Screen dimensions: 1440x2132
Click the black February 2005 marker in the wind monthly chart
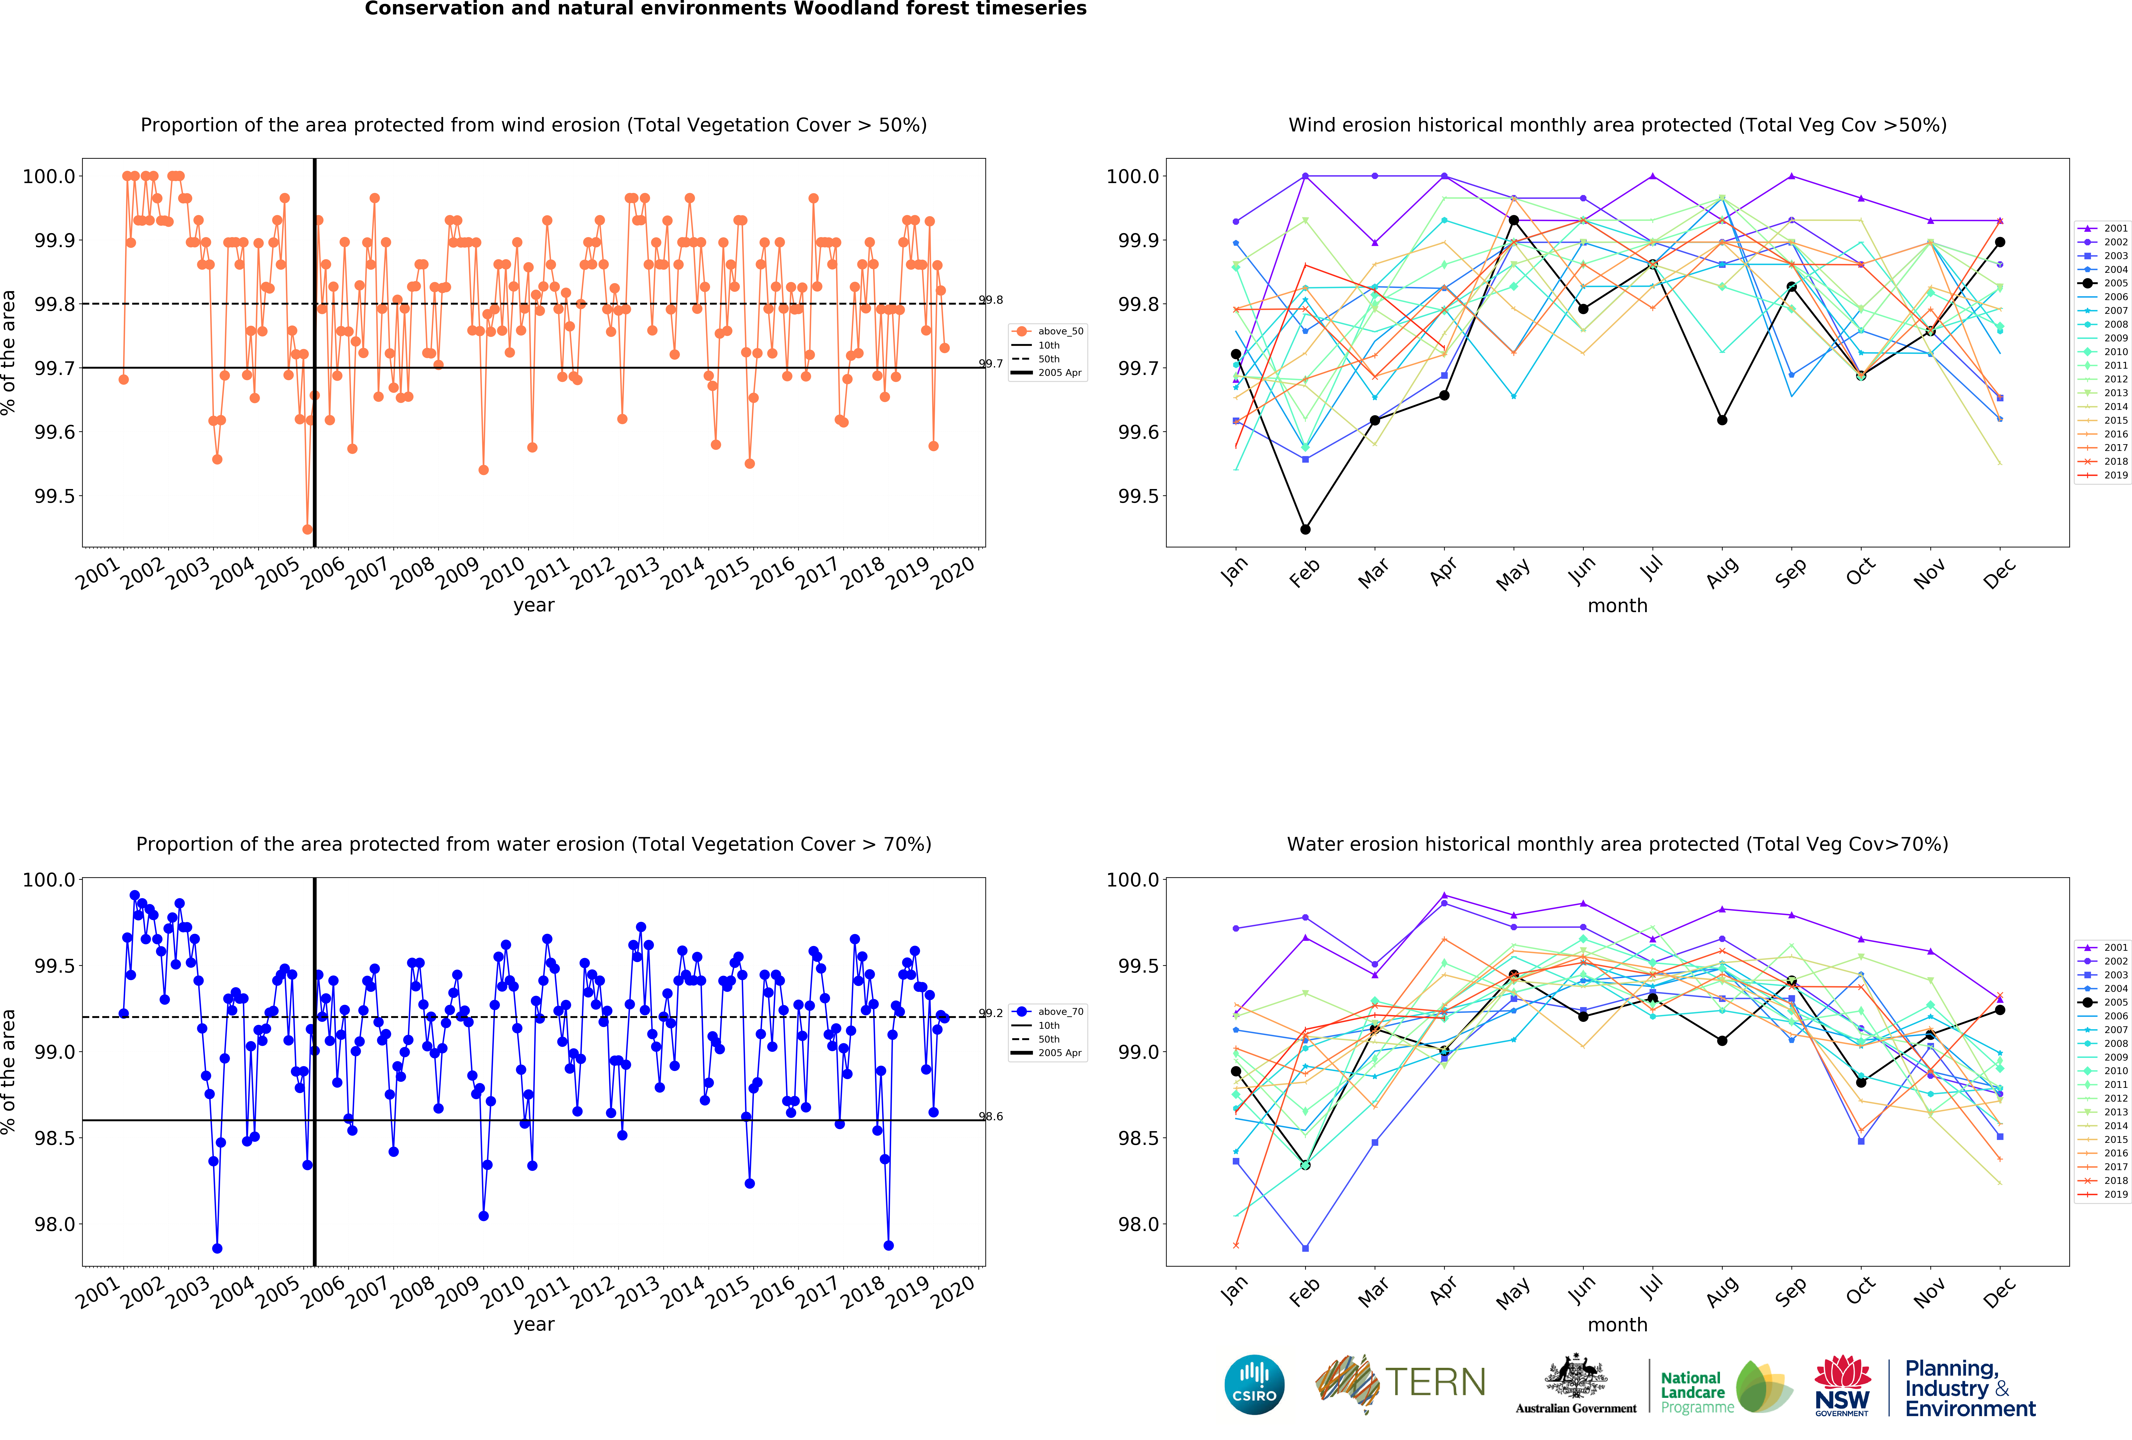point(1305,529)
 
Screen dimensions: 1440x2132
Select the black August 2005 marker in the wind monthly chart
point(1722,420)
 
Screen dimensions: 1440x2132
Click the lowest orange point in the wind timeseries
point(307,529)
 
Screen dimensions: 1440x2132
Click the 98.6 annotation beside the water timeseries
point(991,1116)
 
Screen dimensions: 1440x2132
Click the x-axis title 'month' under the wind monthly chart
point(1617,605)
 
